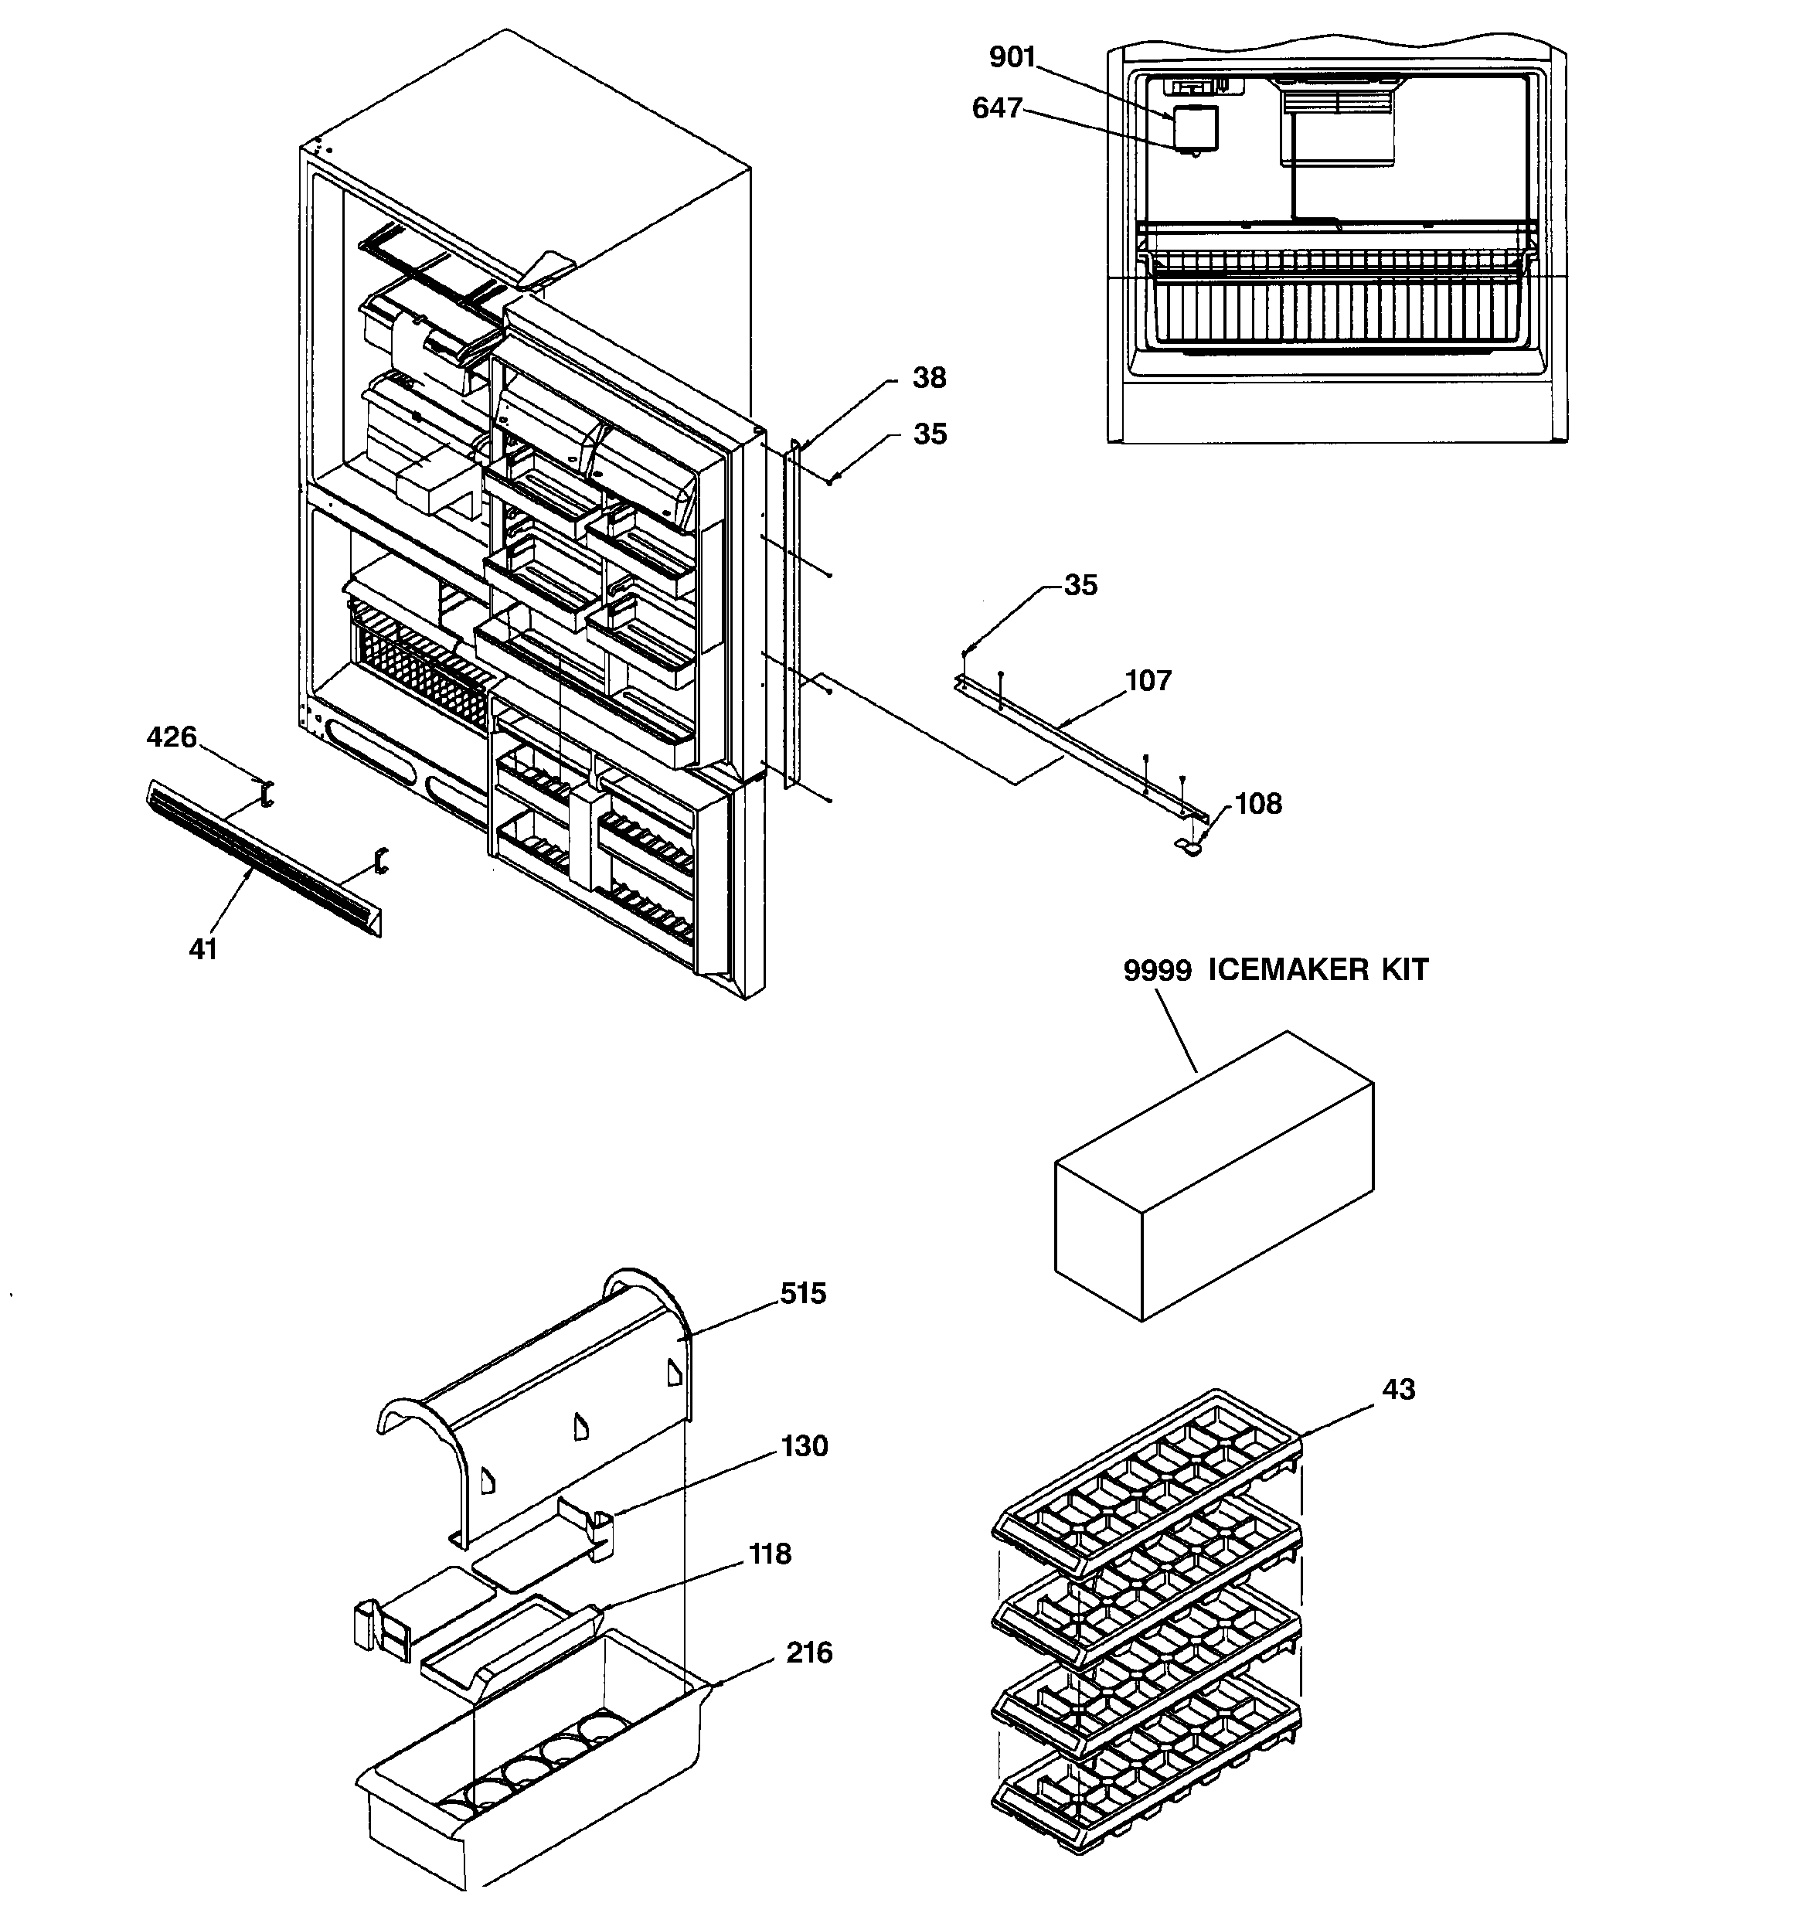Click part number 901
pos(1012,58)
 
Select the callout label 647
pos(996,109)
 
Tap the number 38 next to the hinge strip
pos(929,378)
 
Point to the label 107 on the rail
pos(1148,681)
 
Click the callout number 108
pos(1258,804)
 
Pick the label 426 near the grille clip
pos(172,738)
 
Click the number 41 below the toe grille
pos(203,950)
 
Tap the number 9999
pos(1158,970)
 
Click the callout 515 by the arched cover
pos(803,1294)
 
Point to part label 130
pos(804,1446)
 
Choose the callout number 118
pos(770,1554)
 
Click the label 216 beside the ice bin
pos(808,1653)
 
